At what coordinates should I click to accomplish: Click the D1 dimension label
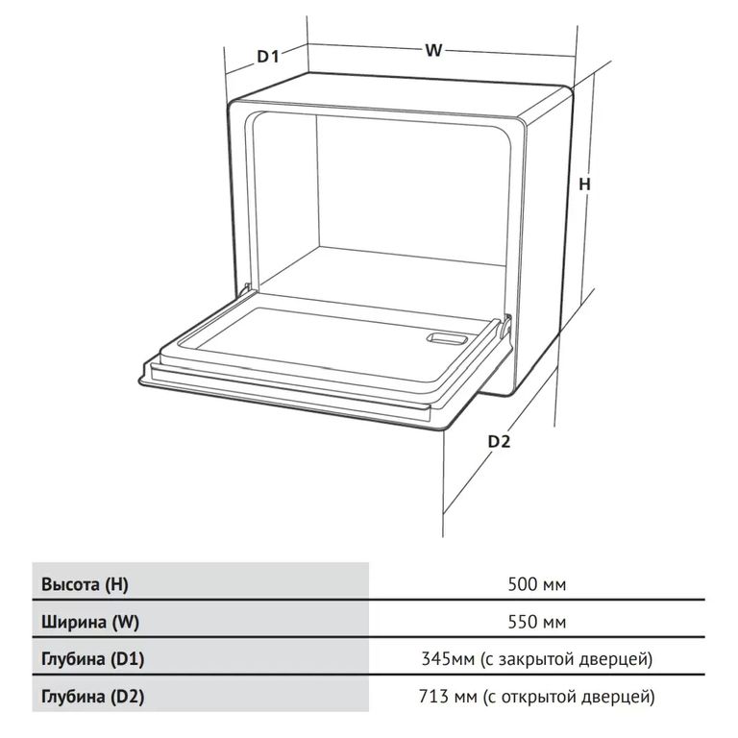click(268, 56)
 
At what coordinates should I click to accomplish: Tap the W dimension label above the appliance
click(433, 50)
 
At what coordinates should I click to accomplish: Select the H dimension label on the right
click(584, 184)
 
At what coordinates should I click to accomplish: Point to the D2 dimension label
click(499, 441)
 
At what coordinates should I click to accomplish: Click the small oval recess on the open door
click(446, 338)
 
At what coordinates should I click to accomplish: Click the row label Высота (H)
click(85, 584)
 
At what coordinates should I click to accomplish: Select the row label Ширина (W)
click(90, 623)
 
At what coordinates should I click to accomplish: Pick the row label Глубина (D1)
click(92, 658)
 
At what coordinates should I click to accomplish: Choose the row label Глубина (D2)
click(92, 696)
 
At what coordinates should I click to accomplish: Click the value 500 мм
click(537, 584)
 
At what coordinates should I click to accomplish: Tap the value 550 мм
click(537, 623)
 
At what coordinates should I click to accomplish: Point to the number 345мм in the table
click(448, 658)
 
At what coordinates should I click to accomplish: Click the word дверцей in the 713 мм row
click(616, 697)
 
